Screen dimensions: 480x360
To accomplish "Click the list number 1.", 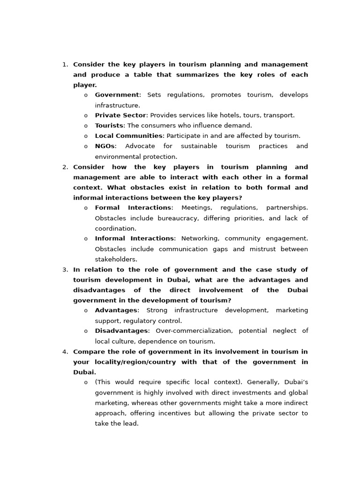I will (65, 65).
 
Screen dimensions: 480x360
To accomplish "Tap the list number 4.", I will (65, 352).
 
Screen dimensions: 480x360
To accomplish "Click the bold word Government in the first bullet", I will (117, 95).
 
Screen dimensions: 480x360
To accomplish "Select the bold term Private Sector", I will (120, 115).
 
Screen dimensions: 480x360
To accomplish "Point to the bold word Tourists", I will (109, 126).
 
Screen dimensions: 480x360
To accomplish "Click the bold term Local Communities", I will (128, 136).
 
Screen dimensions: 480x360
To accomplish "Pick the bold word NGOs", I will (105, 146).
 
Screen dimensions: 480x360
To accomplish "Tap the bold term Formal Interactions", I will (133, 208).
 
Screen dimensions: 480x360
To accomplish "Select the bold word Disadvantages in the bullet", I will (121, 331).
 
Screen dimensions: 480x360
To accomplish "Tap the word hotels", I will (210, 115).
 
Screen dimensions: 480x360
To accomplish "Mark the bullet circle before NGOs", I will (86, 147).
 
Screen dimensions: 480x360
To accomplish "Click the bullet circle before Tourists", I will (86, 126).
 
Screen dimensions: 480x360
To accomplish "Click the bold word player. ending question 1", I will (85, 85).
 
